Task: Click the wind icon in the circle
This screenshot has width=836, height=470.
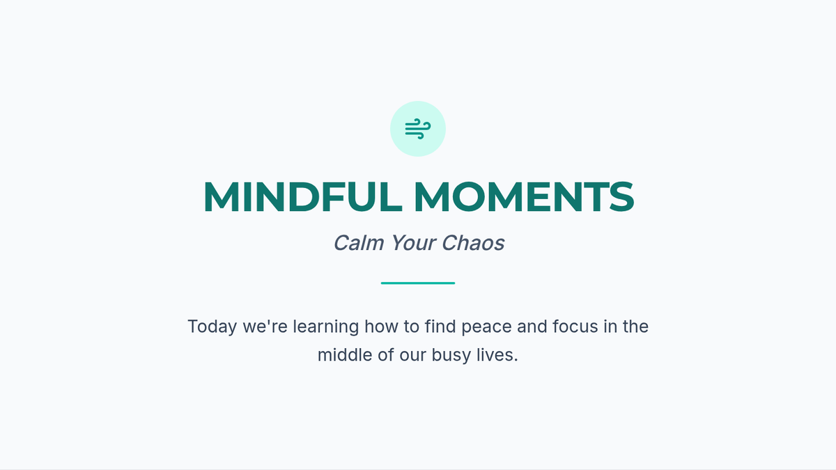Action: click(418, 129)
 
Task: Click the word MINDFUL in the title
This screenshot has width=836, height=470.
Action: click(302, 197)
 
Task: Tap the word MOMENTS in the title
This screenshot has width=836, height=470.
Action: click(524, 197)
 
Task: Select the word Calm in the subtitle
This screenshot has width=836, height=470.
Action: click(358, 243)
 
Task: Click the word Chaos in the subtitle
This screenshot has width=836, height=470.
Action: click(473, 243)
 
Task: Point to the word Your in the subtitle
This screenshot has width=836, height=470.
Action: click(412, 243)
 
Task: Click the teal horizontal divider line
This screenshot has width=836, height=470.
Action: click(418, 283)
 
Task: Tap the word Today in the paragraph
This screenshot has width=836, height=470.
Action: click(212, 327)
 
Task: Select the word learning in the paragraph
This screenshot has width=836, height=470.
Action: click(326, 327)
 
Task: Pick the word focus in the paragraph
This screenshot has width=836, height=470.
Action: click(575, 327)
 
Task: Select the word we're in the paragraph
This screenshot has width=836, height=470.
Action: click(265, 327)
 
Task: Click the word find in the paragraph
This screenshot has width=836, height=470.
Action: click(440, 326)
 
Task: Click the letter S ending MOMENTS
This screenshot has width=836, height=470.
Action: click(621, 197)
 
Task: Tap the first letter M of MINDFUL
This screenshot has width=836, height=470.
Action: click(222, 197)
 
